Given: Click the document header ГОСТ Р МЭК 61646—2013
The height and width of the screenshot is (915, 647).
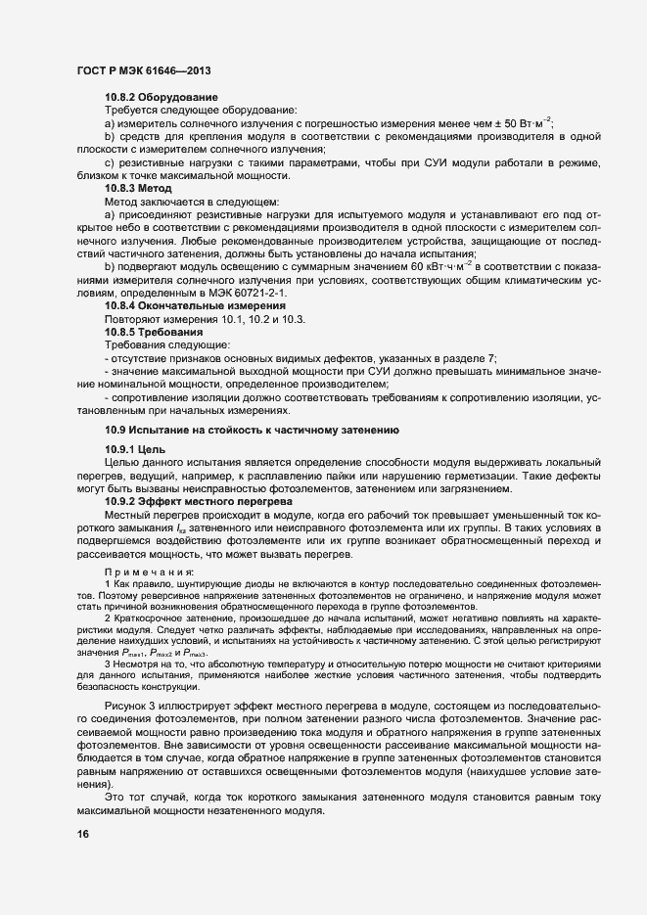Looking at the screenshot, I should tap(144, 71).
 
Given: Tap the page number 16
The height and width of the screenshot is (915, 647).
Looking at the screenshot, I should tap(83, 834).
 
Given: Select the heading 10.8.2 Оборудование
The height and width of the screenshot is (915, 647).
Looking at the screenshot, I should tap(161, 99).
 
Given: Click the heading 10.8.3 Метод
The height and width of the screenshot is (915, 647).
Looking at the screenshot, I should tap(138, 187).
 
